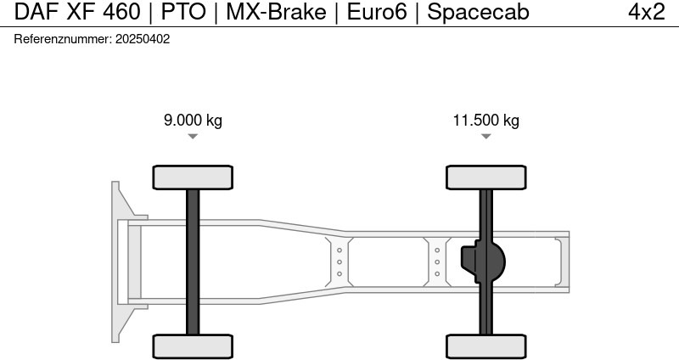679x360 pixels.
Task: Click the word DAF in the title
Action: [x=36, y=12]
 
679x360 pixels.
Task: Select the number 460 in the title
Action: [x=121, y=12]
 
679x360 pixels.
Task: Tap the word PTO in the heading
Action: [x=183, y=12]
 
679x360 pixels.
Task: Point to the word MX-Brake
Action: [x=276, y=12]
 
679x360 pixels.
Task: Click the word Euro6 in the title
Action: [x=377, y=12]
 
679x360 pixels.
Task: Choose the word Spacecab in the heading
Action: [x=478, y=12]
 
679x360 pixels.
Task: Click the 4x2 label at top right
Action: [x=647, y=12]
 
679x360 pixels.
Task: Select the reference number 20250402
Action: [x=143, y=39]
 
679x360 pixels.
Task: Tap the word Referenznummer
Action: [x=63, y=39]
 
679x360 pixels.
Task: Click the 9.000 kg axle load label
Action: [x=193, y=120]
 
